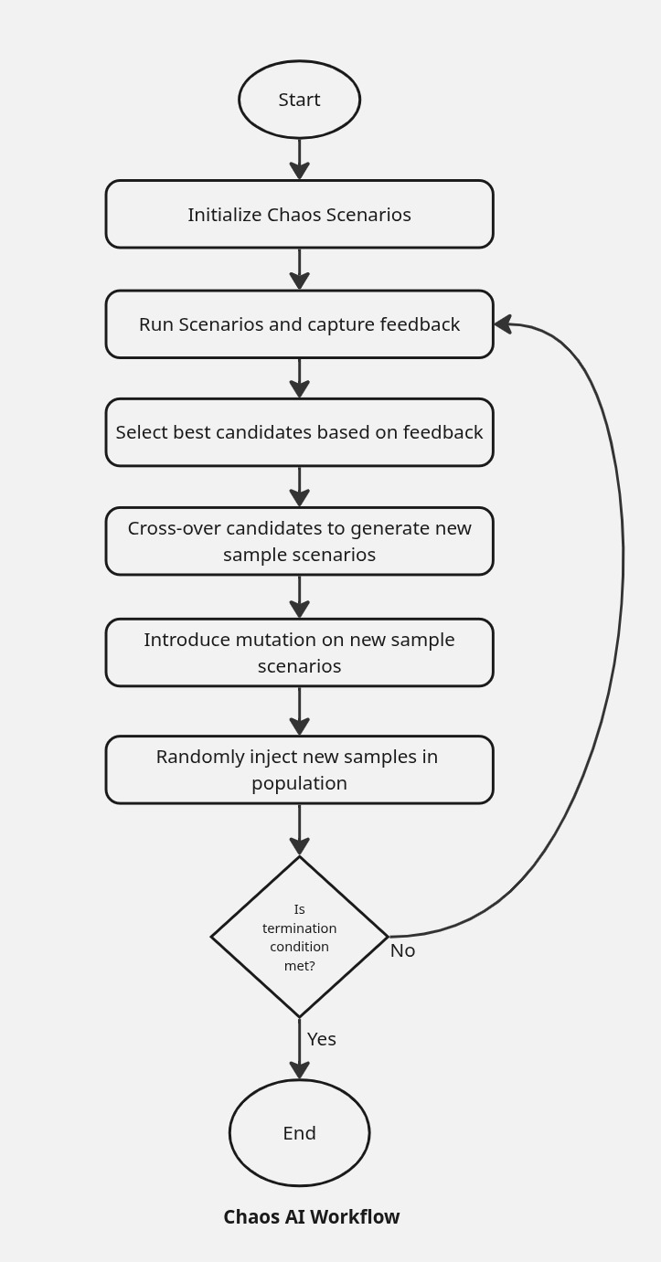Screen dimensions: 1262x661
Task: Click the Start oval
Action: [x=299, y=100]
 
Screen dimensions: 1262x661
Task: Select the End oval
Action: [x=299, y=1133]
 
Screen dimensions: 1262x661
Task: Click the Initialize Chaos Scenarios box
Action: [x=299, y=214]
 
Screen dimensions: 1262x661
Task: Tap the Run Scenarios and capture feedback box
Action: [x=299, y=324]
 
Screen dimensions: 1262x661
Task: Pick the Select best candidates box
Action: [x=299, y=432]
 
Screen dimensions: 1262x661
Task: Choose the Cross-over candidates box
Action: [x=299, y=541]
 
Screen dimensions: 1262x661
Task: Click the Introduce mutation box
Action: [x=299, y=652]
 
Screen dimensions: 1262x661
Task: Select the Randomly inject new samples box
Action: [x=299, y=769]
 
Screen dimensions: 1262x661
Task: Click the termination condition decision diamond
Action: [x=299, y=937]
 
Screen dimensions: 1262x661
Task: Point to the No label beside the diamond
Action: [x=402, y=950]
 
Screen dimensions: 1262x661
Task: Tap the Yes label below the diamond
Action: [x=322, y=1039]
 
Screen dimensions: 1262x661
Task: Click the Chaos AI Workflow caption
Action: [x=312, y=1217]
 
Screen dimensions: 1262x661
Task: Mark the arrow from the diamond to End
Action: [x=299, y=1048]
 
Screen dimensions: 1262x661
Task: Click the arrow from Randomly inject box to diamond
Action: [x=299, y=830]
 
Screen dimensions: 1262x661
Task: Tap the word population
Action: [x=299, y=783]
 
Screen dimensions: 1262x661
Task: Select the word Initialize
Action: [x=225, y=215]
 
